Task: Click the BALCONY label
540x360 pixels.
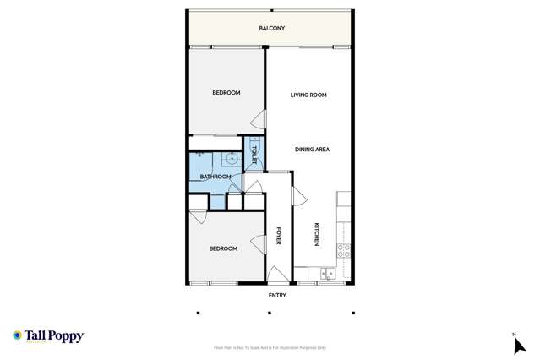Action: pyautogui.click(x=271, y=29)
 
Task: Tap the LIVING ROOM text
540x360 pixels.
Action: pyautogui.click(x=308, y=95)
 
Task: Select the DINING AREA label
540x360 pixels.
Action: pyautogui.click(x=312, y=150)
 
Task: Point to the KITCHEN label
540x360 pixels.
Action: pyautogui.click(x=317, y=234)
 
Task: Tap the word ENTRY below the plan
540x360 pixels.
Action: pyautogui.click(x=277, y=296)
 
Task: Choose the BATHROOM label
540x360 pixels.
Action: pyautogui.click(x=215, y=177)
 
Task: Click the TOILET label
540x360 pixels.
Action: pyautogui.click(x=254, y=155)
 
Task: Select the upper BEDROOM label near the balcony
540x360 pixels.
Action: pyautogui.click(x=226, y=93)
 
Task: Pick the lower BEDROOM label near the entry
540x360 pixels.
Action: pyautogui.click(x=223, y=248)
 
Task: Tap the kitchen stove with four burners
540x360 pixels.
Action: pyautogui.click(x=344, y=250)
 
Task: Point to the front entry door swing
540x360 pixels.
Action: pyautogui.click(x=277, y=274)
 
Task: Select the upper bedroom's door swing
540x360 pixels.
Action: pyautogui.click(x=259, y=120)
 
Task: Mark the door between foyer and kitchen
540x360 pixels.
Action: pyautogui.click(x=297, y=195)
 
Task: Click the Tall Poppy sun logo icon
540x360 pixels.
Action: pyautogui.click(x=17, y=335)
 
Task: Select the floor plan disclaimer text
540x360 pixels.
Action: pyautogui.click(x=270, y=348)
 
